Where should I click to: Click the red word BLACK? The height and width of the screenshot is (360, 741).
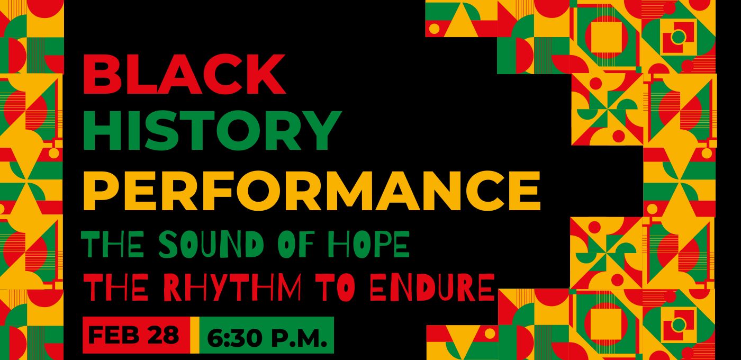pos(184,74)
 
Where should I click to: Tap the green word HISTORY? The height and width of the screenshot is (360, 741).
pos(212,130)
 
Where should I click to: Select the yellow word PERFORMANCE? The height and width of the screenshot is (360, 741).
pos(312,191)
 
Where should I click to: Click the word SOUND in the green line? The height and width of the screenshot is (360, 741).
pos(211,244)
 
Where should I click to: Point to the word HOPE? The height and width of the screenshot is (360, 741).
pos(369,244)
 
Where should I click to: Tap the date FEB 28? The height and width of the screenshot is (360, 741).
pos(133,335)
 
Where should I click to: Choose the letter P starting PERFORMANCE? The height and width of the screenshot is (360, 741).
pos(101,191)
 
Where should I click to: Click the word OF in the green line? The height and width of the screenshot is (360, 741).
pos(296,244)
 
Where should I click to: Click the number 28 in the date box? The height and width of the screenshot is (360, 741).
pos(164,335)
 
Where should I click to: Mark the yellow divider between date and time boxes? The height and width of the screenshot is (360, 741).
pos(195,335)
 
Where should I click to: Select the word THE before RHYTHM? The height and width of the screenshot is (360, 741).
pos(116,286)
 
